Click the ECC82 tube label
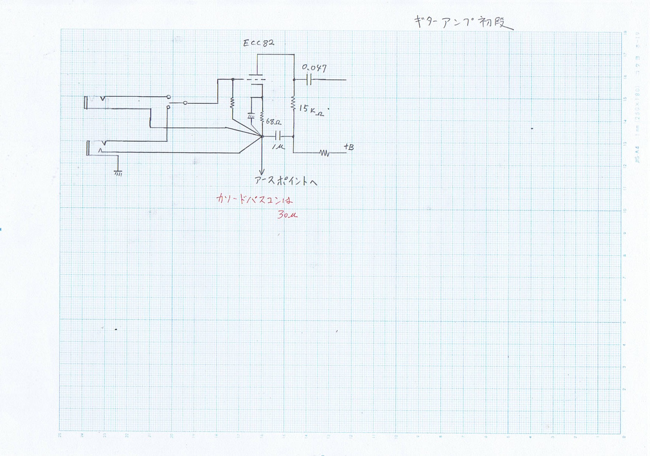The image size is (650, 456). [x=259, y=43]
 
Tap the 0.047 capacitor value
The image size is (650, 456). [x=314, y=68]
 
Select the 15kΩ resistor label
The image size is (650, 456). [x=311, y=110]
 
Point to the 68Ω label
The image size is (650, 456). [x=273, y=122]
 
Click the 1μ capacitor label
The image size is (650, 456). [x=278, y=146]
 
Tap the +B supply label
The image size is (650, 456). [x=349, y=147]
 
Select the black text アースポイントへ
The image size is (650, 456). [x=286, y=181]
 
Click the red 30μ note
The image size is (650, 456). [x=287, y=215]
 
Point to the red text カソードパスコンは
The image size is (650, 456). [x=254, y=199]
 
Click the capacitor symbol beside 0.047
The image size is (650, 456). [x=309, y=80]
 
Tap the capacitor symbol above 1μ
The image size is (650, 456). [x=278, y=136]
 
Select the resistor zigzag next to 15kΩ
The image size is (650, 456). [x=293, y=103]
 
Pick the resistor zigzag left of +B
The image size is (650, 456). [x=324, y=153]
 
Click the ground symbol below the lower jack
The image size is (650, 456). [x=118, y=173]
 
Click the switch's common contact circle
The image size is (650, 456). [x=185, y=103]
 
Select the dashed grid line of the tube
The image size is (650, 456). [x=256, y=79]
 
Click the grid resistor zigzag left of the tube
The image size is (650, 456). [x=232, y=103]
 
